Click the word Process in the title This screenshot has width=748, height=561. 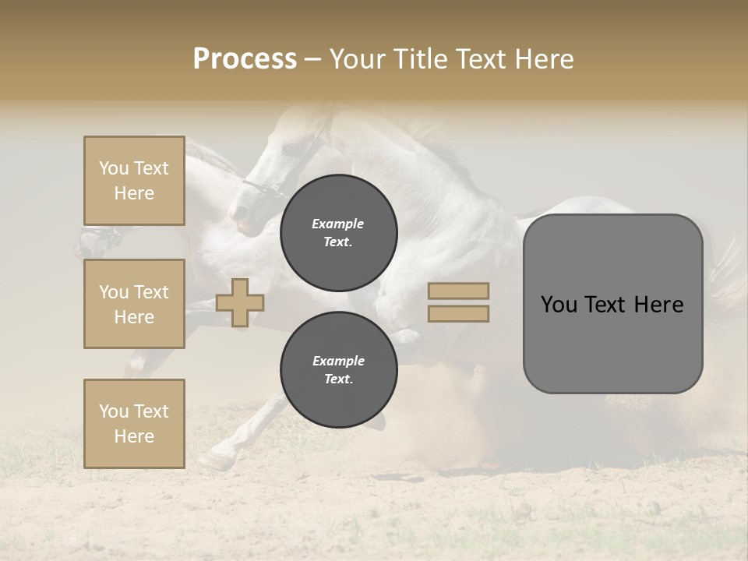pos(245,59)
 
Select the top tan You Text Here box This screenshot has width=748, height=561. pos(134,181)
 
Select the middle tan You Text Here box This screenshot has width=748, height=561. pos(134,304)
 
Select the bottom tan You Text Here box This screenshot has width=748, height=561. pos(134,423)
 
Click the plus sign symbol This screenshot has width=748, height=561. pos(240,302)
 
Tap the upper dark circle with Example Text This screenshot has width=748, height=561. pos(339,233)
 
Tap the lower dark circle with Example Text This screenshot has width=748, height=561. pos(339,369)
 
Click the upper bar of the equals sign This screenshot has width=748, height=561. pos(459,291)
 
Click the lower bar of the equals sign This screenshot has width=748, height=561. pos(459,313)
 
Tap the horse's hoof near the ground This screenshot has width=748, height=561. pos(212,461)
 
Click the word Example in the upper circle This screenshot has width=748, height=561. pos(338,224)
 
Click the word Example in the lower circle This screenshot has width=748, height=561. pos(338,361)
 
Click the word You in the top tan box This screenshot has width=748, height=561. pos(113,168)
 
